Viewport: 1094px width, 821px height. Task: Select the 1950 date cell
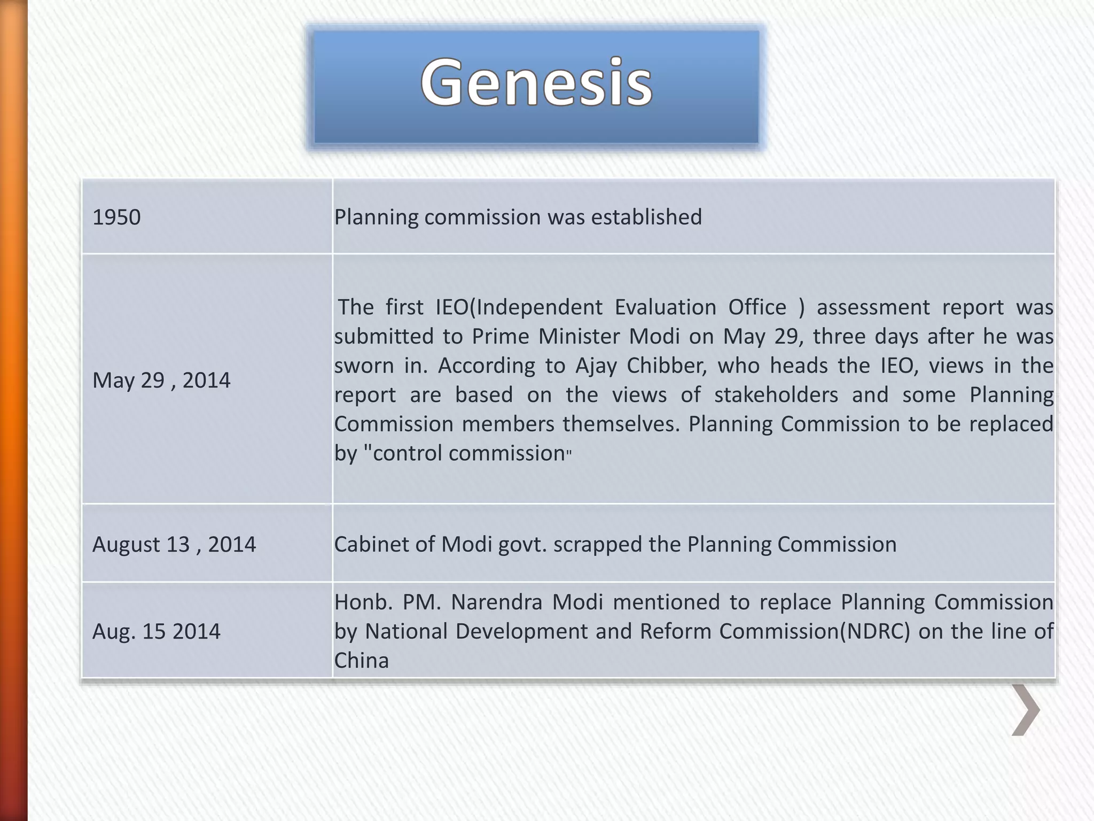[x=116, y=217]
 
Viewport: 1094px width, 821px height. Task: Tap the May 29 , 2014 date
[x=161, y=380]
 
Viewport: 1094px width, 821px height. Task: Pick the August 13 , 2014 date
[x=174, y=544]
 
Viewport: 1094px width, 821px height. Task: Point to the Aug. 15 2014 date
[x=156, y=631]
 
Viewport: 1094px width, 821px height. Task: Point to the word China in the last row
[x=362, y=661]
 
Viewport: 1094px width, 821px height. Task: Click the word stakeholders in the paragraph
[x=776, y=395]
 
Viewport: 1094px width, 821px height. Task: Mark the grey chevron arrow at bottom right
[x=1026, y=710]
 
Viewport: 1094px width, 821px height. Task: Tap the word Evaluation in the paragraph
[x=666, y=307]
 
